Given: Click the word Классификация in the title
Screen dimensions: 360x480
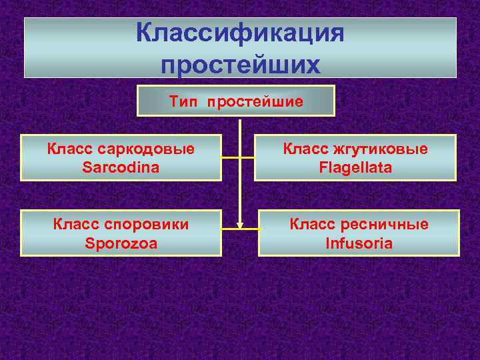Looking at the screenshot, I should [x=240, y=34].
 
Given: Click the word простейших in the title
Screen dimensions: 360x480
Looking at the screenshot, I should [x=240, y=65].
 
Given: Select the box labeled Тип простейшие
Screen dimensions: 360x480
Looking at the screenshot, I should [x=235, y=101].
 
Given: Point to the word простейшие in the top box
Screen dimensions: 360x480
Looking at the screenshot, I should [x=255, y=101].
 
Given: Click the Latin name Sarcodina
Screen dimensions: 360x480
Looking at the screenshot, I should [x=121, y=167].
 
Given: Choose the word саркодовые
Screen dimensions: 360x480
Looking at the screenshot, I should [x=147, y=149].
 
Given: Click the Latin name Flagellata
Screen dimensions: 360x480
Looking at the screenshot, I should [x=355, y=167].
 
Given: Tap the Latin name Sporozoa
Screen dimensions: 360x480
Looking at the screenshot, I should [x=121, y=243].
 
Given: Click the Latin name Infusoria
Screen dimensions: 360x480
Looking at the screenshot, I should [x=359, y=243].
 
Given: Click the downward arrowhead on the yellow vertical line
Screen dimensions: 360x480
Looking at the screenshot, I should [x=239, y=224].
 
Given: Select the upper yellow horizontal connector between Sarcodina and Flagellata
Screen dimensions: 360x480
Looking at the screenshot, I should [x=238, y=158].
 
